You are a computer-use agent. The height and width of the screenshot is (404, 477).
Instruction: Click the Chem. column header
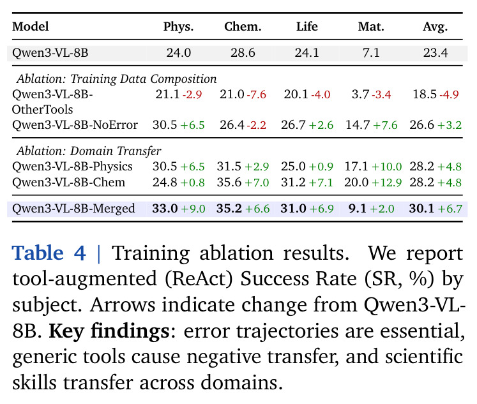click(243, 27)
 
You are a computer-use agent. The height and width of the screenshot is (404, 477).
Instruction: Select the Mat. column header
click(371, 27)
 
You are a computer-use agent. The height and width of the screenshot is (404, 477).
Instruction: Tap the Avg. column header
click(435, 27)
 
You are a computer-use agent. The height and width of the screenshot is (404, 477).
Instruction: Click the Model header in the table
click(31, 27)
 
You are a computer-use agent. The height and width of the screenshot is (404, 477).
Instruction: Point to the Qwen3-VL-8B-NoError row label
click(75, 125)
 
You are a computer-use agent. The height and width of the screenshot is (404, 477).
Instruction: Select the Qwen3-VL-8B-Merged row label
click(73, 209)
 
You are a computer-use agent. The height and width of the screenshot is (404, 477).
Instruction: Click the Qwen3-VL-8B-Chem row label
click(68, 183)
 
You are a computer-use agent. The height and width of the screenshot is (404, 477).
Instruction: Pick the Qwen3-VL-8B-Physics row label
click(72, 167)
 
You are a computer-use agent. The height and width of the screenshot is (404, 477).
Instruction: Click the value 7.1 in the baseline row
click(371, 53)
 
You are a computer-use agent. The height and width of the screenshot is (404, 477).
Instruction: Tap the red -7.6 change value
click(257, 94)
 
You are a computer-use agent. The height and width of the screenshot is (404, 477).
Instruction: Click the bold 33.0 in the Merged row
click(165, 209)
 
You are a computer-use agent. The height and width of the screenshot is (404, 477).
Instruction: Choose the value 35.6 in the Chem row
click(229, 183)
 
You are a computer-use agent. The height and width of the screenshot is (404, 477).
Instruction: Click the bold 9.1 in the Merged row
click(357, 209)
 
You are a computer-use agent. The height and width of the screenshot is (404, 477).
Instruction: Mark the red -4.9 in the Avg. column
click(449, 94)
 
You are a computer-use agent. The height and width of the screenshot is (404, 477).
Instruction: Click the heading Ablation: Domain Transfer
click(89, 151)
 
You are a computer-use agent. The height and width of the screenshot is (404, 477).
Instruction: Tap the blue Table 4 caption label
click(49, 253)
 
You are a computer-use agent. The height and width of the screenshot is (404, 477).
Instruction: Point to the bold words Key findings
click(109, 331)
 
